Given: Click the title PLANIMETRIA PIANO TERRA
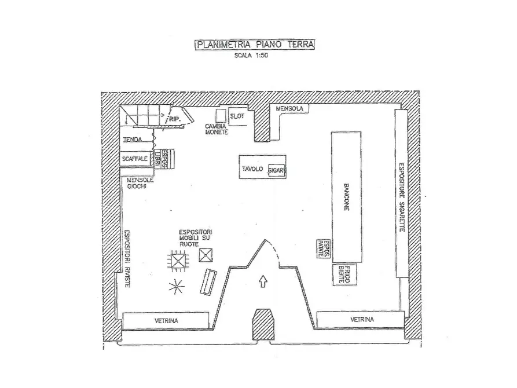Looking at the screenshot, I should click(255, 44).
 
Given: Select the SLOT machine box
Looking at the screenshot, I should click(237, 116).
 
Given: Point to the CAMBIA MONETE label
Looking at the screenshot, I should click(217, 129).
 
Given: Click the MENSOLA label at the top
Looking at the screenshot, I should click(289, 109).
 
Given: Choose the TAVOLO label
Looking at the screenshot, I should click(253, 169).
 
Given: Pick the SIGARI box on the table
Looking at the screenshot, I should click(277, 171).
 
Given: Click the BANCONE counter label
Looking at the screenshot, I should click(346, 197).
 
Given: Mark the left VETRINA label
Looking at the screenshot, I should click(166, 320).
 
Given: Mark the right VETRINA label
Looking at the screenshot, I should click(362, 320).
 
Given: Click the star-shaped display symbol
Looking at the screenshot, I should click(175, 285).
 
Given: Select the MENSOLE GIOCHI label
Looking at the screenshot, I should click(141, 183).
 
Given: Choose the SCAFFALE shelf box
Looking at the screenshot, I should click(135, 159).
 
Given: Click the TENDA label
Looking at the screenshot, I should click(133, 140).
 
